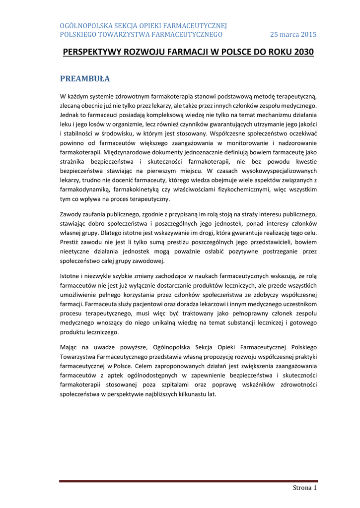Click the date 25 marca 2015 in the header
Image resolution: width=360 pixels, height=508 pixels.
tap(293, 34)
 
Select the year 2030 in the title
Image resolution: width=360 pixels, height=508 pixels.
tap(302, 52)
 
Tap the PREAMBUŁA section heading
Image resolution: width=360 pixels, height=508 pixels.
tap(85, 79)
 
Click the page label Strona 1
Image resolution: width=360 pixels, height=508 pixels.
tap(304, 488)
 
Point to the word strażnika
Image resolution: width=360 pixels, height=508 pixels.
tap(74, 162)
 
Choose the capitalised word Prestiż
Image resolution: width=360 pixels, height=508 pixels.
tap(70, 242)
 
